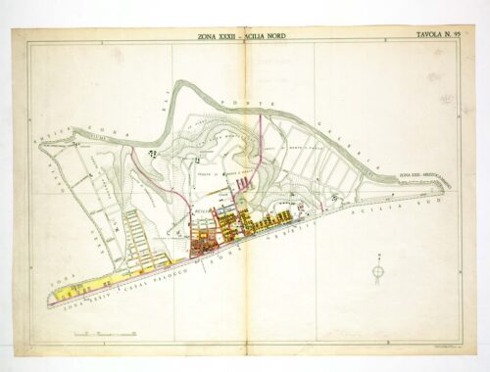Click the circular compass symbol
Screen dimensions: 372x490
point(377,270)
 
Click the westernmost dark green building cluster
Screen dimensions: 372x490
point(152,153)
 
